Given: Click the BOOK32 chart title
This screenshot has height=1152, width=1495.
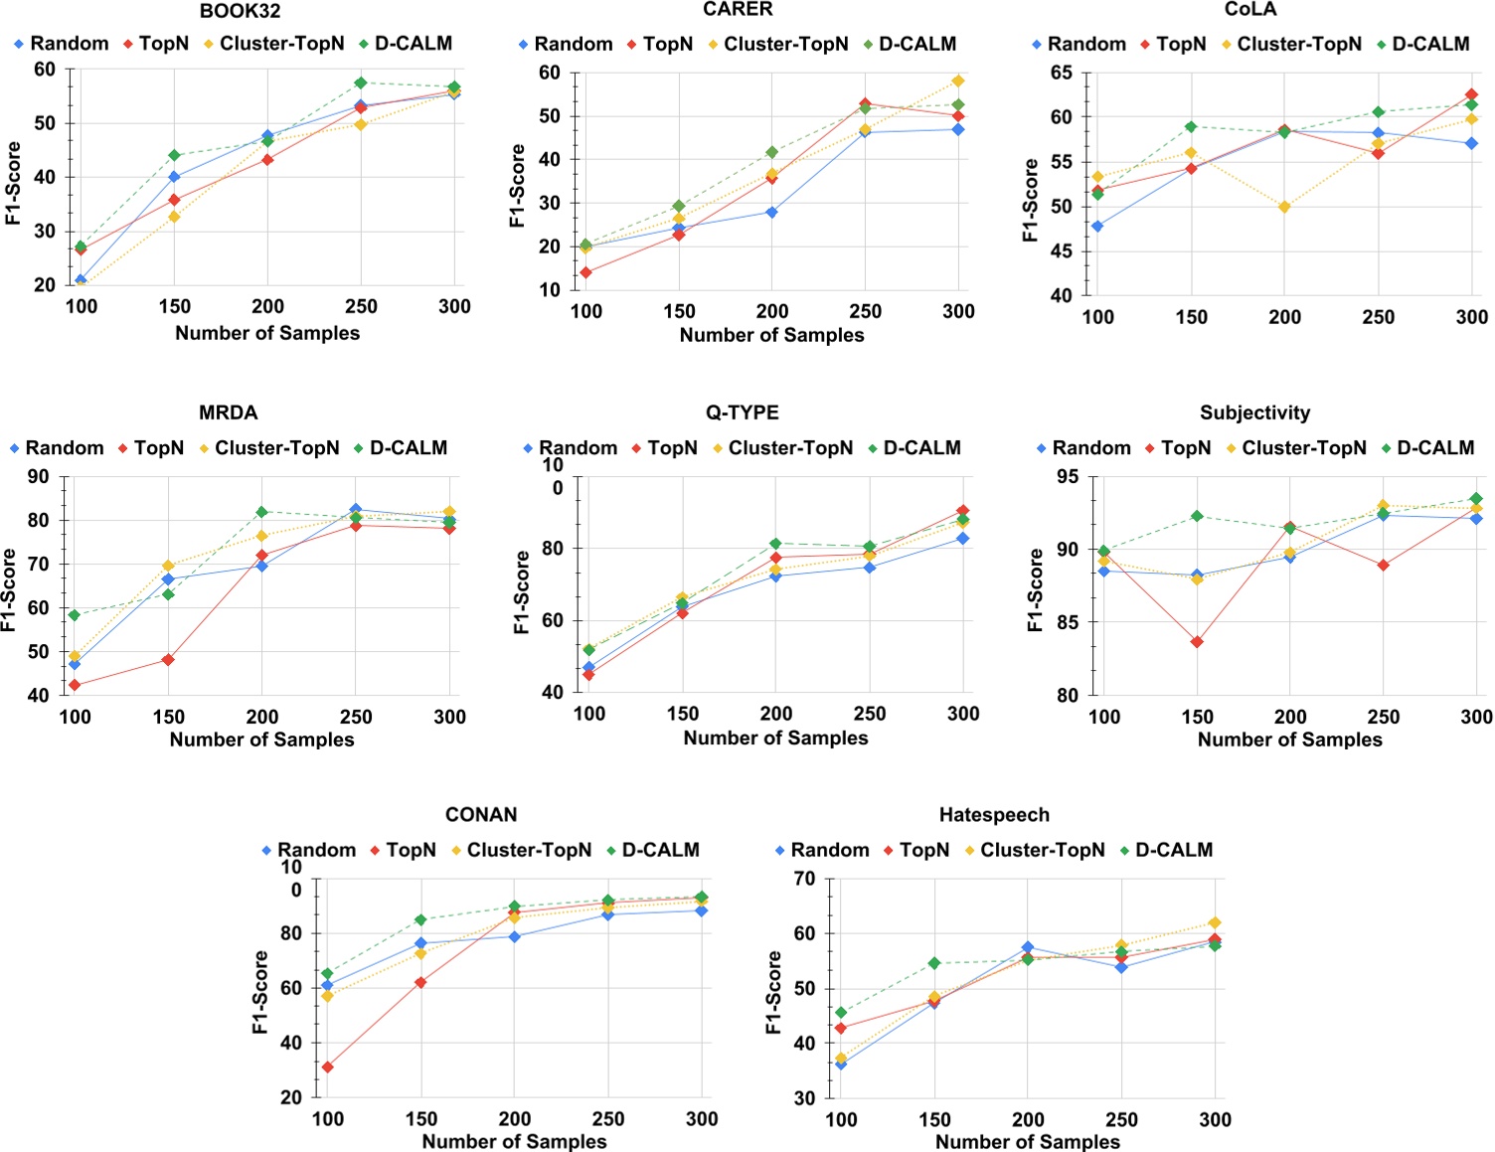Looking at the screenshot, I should (240, 12).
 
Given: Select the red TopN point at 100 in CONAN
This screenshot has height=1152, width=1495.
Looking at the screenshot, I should (327, 1067).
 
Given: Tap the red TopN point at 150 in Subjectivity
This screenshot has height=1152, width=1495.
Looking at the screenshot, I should (1197, 642).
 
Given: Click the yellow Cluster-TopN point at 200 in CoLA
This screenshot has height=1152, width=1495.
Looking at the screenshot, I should (1284, 207).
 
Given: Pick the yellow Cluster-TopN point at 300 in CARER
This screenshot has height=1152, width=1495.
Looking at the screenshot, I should (958, 81).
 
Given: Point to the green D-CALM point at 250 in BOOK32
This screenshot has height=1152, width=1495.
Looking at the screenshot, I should (361, 82).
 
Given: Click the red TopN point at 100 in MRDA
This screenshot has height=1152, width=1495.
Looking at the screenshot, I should (75, 685).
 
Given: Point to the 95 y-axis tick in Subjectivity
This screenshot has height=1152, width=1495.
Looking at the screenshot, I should (1066, 477).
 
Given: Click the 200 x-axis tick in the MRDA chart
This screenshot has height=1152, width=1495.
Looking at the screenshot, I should (262, 717).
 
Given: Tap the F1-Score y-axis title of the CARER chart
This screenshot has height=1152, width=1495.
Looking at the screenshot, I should (517, 186).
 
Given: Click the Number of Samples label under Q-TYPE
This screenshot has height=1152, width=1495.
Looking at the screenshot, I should (775, 739).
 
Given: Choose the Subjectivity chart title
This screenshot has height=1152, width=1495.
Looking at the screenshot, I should (1254, 412).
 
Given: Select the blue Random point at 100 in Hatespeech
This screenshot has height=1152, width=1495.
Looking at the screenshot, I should (841, 1064).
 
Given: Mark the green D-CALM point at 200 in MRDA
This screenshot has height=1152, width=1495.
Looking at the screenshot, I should (262, 512).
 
